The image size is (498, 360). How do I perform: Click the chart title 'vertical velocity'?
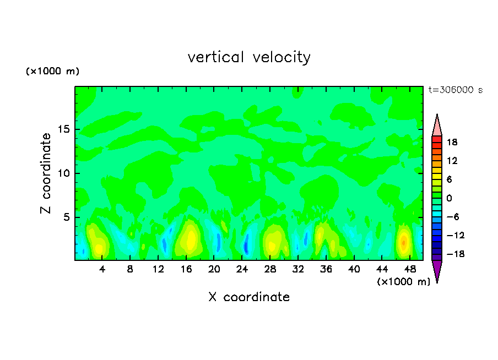coord(249,57)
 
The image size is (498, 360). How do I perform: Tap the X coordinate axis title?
coord(249,297)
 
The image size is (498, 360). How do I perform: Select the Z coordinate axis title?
coord(46,173)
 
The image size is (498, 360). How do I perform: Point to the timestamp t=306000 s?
coord(456,90)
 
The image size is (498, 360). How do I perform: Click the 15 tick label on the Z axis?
coord(65,130)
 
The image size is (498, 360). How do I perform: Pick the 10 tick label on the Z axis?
coord(65,173)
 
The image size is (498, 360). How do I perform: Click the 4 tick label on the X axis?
coord(102,270)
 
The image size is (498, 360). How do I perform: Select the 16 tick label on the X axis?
coord(186,270)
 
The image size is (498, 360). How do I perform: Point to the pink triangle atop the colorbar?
coord(437,126)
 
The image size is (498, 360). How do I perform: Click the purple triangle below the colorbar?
coord(437,270)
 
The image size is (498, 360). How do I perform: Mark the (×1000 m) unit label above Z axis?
coord(52,72)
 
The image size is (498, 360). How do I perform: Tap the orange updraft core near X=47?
coord(404,242)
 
